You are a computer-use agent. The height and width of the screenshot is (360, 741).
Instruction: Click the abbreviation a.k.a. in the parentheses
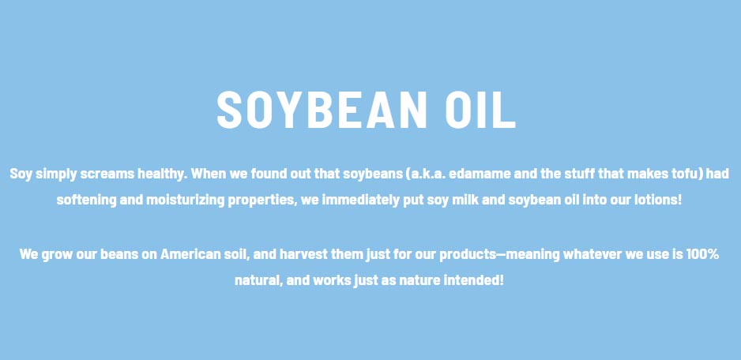coord(424,174)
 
